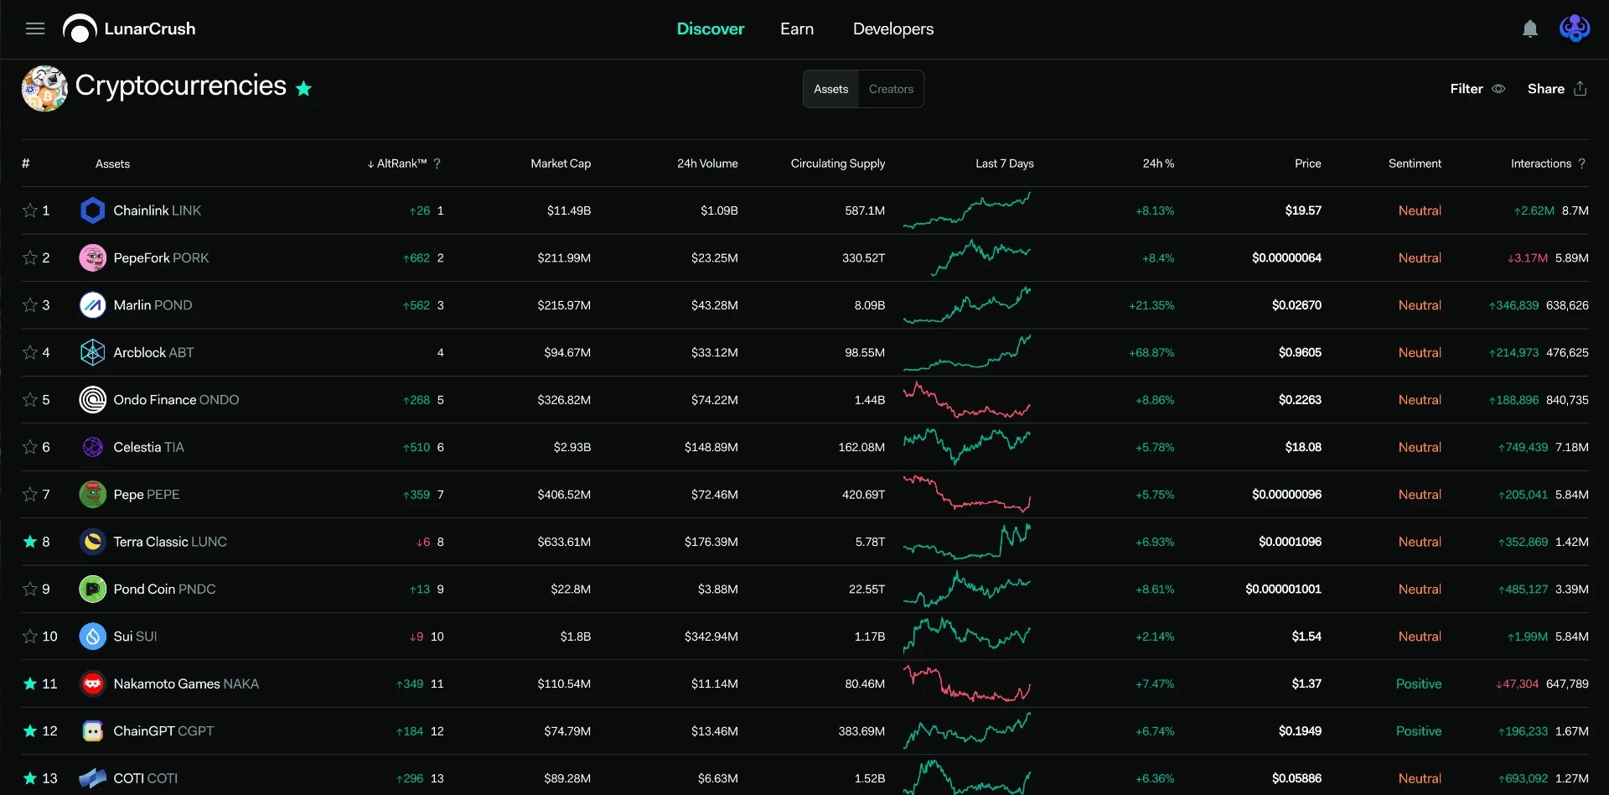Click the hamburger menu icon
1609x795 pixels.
click(x=35, y=29)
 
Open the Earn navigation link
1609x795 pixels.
click(x=797, y=29)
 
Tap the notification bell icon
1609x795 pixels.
click(x=1530, y=29)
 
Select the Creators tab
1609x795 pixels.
click(x=891, y=89)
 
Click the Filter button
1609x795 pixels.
click(x=1477, y=89)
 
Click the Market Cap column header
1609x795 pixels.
click(x=561, y=164)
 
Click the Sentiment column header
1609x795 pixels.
click(x=1415, y=164)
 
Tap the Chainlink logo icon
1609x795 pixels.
click(x=92, y=210)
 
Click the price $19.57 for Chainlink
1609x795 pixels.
click(x=1303, y=210)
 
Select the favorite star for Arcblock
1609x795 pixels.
click(x=30, y=352)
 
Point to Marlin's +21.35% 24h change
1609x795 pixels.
click(x=1151, y=305)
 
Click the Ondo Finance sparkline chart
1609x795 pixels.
click(x=967, y=400)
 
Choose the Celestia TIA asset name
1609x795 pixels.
click(x=148, y=447)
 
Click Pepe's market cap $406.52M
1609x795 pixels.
click(x=564, y=495)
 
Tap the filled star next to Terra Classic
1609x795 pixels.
click(x=30, y=542)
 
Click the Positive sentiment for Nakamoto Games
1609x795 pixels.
click(x=1419, y=684)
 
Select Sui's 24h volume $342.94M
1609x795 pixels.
click(x=711, y=637)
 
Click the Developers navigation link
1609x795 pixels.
click(x=893, y=29)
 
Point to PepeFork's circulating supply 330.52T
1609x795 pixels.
click(x=863, y=258)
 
